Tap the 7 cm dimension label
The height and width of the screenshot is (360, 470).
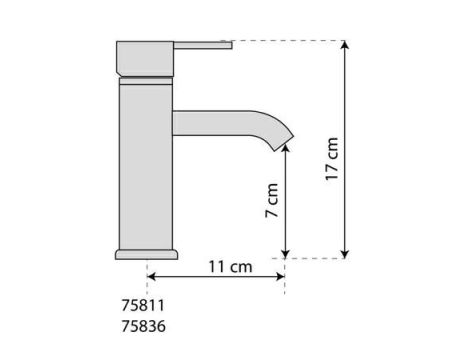[272, 205]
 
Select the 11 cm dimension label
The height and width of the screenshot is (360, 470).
[228, 268]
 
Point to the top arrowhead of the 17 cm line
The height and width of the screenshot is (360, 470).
[346, 45]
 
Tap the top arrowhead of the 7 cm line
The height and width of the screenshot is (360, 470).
[287, 146]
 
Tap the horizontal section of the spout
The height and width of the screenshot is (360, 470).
[215, 120]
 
